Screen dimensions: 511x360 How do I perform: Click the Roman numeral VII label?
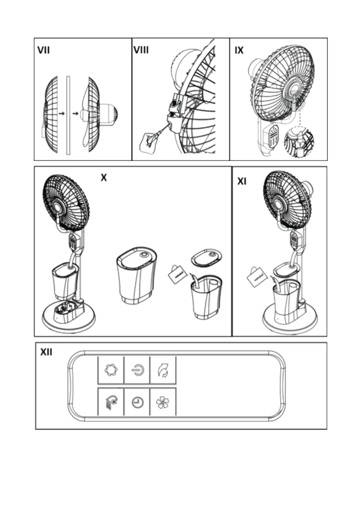click(43, 50)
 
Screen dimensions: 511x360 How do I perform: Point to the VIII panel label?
click(141, 50)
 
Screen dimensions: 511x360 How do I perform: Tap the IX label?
click(239, 50)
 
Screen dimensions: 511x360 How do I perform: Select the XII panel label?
click(46, 352)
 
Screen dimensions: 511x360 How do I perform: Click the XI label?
click(242, 182)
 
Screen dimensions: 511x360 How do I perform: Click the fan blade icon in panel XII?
click(163, 402)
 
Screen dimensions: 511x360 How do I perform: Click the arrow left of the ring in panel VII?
click(62, 114)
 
